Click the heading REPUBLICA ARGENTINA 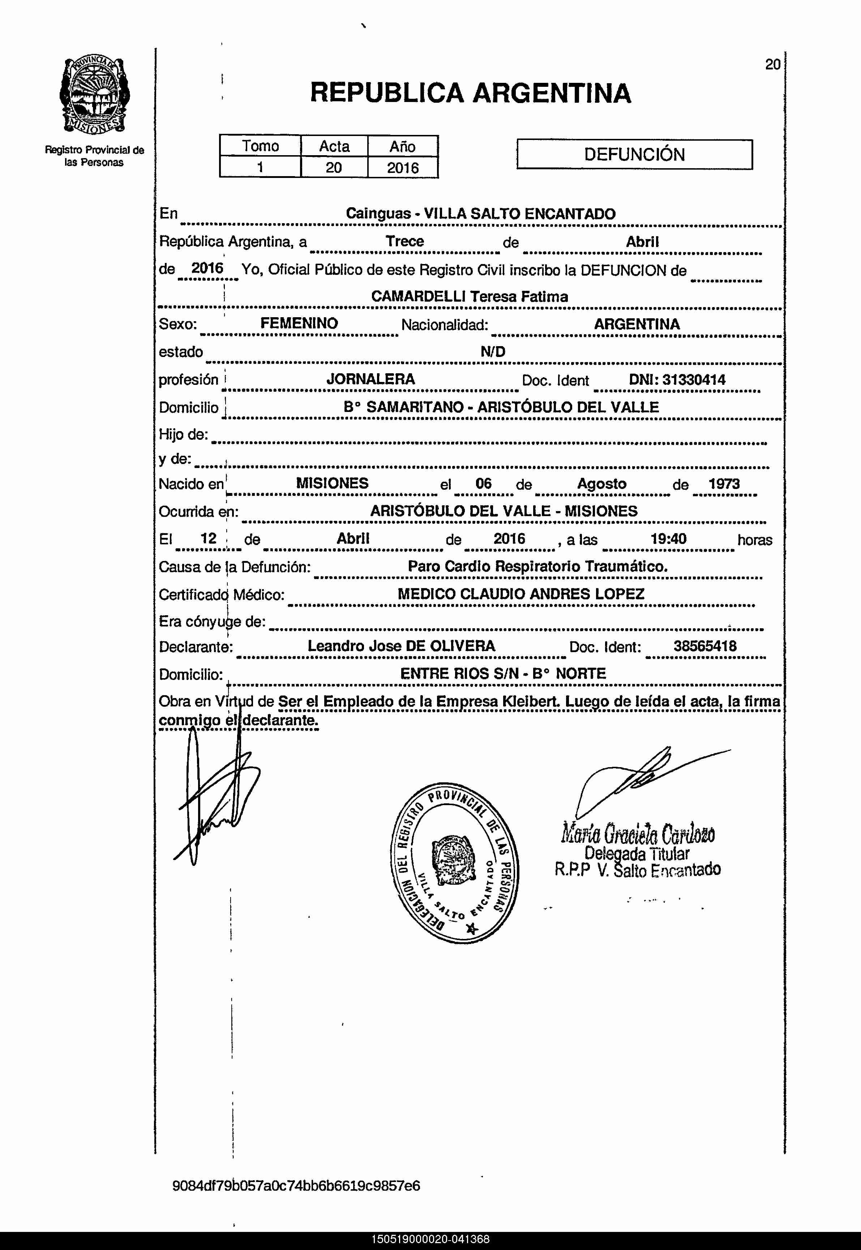tap(470, 93)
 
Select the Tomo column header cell tap(260, 146)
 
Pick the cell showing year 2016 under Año tap(402, 168)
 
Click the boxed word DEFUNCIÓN tap(634, 155)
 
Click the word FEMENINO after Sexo tap(299, 323)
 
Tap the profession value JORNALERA tap(370, 379)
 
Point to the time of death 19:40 tap(668, 539)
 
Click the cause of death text tap(537, 567)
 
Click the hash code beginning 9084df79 tap(296, 1186)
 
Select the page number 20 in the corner tap(772, 65)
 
